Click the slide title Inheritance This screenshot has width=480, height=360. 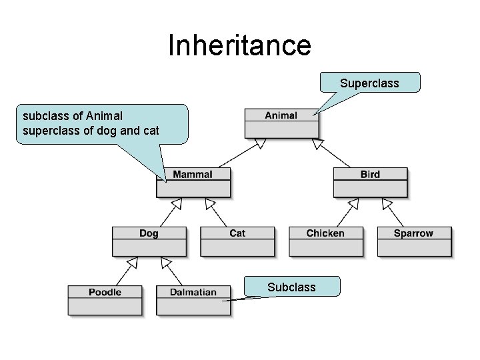click(x=239, y=45)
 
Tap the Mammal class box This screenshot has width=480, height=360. click(x=193, y=181)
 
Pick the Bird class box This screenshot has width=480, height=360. click(x=369, y=181)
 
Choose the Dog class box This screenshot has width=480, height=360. click(x=149, y=241)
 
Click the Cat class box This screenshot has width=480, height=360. click(x=237, y=241)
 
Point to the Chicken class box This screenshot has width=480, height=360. click(x=325, y=241)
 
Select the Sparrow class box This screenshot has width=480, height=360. click(x=413, y=241)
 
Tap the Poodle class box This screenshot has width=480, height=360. click(x=105, y=299)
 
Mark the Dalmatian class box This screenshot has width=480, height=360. click(x=193, y=299)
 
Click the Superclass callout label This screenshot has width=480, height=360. click(x=369, y=83)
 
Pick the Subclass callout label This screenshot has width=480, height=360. click(x=291, y=287)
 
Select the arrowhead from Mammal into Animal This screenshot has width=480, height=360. click(x=260, y=143)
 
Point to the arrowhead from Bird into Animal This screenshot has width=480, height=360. click(x=318, y=143)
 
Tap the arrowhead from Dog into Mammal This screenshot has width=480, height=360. click(x=177, y=203)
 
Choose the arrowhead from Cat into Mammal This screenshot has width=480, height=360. click(x=209, y=203)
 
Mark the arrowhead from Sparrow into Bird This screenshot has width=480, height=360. click(x=386, y=203)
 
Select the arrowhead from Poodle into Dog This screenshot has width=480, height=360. click(x=133, y=262)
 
